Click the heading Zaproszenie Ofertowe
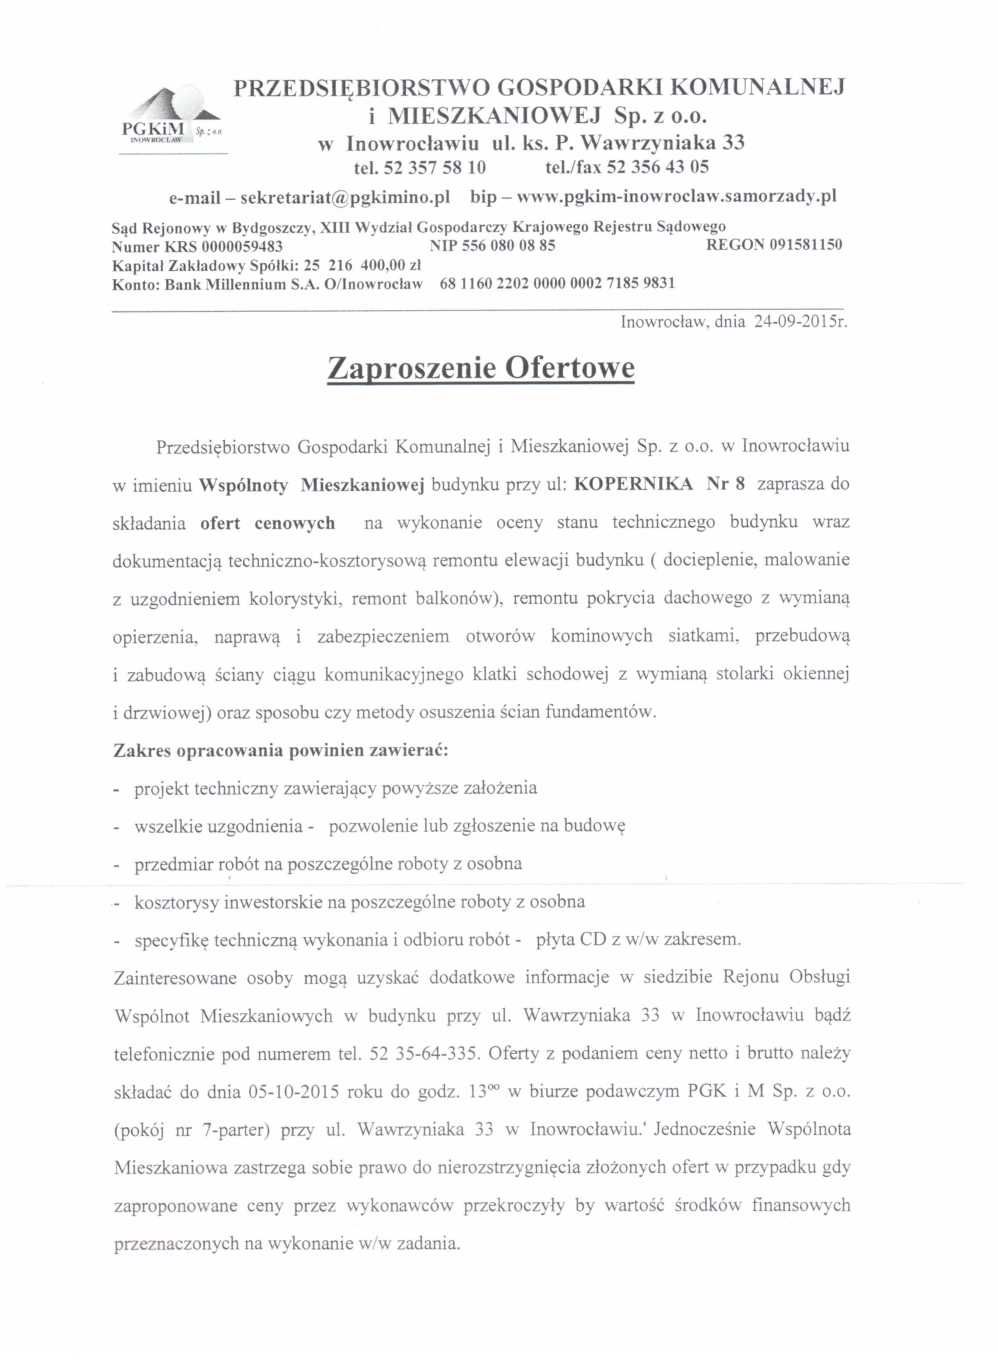click(481, 368)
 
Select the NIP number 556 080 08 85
click(508, 245)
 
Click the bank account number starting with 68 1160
click(557, 283)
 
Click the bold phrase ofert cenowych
click(267, 523)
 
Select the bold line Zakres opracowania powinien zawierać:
click(281, 751)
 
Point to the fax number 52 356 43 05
click(657, 167)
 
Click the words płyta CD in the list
click(571, 939)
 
